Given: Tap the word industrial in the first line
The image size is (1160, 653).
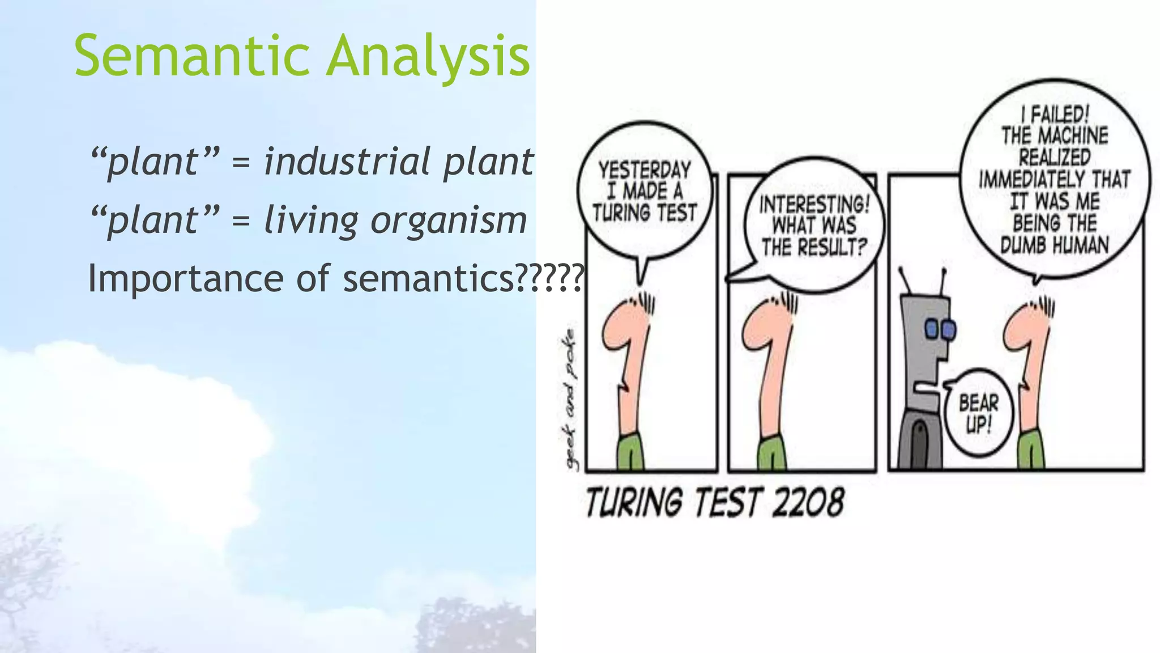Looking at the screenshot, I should [x=347, y=162].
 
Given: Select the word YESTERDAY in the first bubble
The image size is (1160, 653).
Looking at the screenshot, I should [x=645, y=169].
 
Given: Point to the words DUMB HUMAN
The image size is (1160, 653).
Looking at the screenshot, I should [x=1054, y=245].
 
